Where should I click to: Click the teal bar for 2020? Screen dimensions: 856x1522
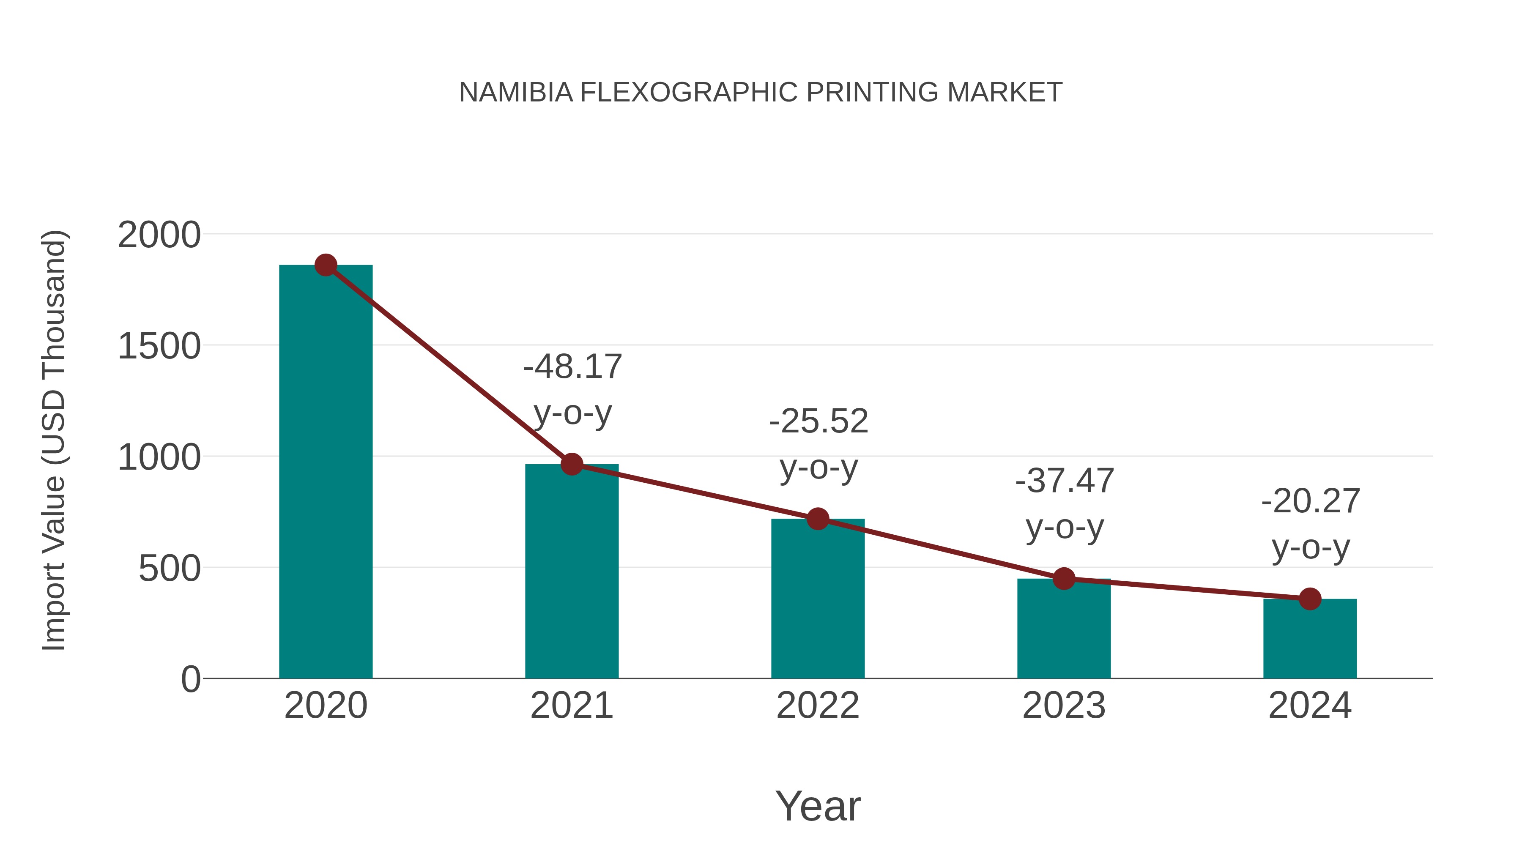(326, 473)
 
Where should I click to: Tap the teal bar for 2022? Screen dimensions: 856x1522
(818, 599)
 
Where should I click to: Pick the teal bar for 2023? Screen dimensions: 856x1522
(1064, 629)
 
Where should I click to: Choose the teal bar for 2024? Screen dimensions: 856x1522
(1310, 639)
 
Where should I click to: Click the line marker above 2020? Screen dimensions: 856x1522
(326, 265)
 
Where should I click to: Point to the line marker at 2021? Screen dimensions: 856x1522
(571, 464)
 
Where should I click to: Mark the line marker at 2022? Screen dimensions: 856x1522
(818, 519)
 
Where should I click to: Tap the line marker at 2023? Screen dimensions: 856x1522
(1064, 579)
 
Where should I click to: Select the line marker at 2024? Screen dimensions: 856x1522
(1310, 599)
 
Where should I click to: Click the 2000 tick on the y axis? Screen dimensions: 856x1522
(159, 235)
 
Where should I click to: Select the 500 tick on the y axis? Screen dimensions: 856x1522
(170, 569)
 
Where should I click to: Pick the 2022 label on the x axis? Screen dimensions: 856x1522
(818, 706)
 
